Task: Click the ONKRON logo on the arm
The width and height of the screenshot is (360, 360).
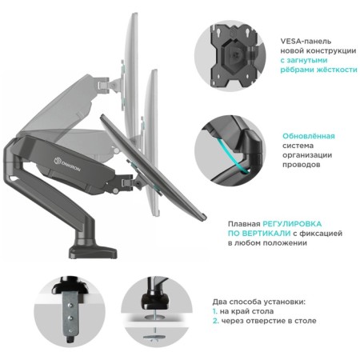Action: click(67, 164)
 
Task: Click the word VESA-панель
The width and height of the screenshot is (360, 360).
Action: click(306, 42)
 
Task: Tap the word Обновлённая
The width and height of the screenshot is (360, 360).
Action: click(309, 136)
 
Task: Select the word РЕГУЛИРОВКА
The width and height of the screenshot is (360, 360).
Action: click(292, 224)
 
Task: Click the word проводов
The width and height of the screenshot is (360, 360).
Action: click(302, 165)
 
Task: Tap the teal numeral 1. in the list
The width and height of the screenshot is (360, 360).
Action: click(215, 311)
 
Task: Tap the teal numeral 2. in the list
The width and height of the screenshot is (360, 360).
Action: click(215, 321)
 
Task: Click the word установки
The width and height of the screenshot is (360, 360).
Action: click(284, 302)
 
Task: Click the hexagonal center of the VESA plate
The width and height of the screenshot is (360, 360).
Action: click(234, 55)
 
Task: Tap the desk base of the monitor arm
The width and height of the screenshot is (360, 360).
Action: click(93, 252)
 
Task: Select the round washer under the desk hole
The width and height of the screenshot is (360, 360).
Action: click(155, 338)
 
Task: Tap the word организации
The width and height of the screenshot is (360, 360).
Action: click(307, 155)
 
